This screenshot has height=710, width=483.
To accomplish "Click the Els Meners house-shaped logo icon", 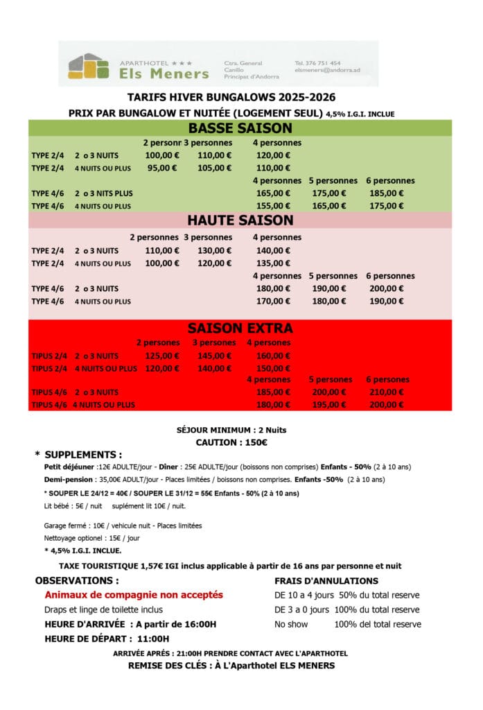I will click(89, 67).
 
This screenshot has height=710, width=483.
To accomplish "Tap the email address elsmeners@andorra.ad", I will click(327, 70).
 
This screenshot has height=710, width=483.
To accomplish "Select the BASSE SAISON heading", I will click(240, 128).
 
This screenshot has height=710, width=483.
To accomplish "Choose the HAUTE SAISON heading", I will click(240, 220).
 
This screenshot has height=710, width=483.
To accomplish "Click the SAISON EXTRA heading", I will click(240, 328).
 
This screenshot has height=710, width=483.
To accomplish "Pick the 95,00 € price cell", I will click(162, 168).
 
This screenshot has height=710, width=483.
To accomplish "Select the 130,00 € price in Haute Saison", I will click(213, 250).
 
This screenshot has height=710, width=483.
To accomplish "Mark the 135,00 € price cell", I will click(273, 263).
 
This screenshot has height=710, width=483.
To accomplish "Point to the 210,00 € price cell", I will click(387, 392).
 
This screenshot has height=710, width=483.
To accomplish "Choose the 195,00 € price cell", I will click(330, 405).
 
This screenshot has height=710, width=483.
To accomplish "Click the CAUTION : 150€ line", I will click(231, 442).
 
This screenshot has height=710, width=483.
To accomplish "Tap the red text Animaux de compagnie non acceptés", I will click(134, 595).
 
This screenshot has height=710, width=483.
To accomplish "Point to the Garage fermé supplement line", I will click(123, 526).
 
